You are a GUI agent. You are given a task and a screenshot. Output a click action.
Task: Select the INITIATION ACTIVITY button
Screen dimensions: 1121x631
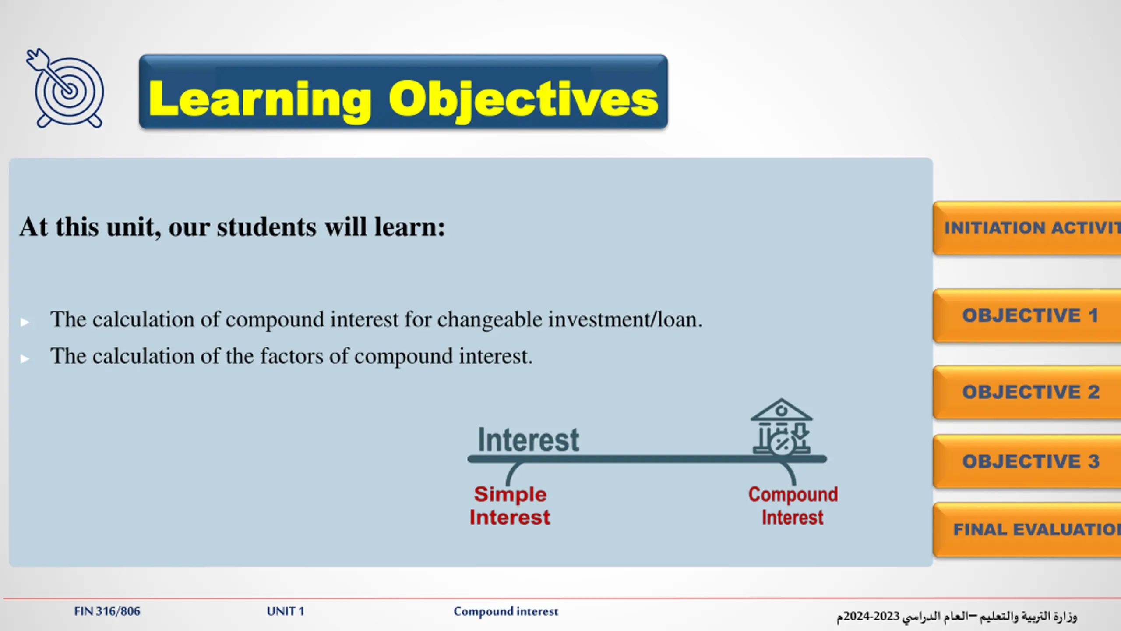click(1027, 228)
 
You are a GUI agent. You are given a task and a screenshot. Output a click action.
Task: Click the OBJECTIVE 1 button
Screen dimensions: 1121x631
click(1027, 315)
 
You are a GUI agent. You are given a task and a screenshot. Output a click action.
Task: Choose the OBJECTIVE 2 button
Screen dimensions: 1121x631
click(1027, 392)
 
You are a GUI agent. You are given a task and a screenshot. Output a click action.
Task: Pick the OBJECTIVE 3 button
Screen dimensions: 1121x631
click(1027, 461)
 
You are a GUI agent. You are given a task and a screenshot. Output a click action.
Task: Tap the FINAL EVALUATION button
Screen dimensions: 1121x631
click(1027, 530)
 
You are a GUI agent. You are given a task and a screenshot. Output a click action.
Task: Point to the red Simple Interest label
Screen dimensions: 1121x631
click(510, 506)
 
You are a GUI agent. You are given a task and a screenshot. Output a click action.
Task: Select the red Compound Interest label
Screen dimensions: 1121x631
click(793, 506)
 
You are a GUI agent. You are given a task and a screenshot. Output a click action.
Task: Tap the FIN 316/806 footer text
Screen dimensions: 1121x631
click(107, 611)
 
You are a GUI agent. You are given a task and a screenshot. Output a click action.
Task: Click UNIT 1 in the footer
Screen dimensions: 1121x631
click(286, 611)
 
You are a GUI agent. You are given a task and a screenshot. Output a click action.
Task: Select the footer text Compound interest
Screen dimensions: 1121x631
click(506, 611)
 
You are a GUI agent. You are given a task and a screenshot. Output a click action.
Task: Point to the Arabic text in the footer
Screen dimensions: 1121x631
click(957, 616)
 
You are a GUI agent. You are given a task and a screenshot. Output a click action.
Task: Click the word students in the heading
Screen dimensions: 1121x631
click(266, 227)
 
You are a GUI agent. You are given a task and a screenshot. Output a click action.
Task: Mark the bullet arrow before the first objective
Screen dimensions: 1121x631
click(25, 323)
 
